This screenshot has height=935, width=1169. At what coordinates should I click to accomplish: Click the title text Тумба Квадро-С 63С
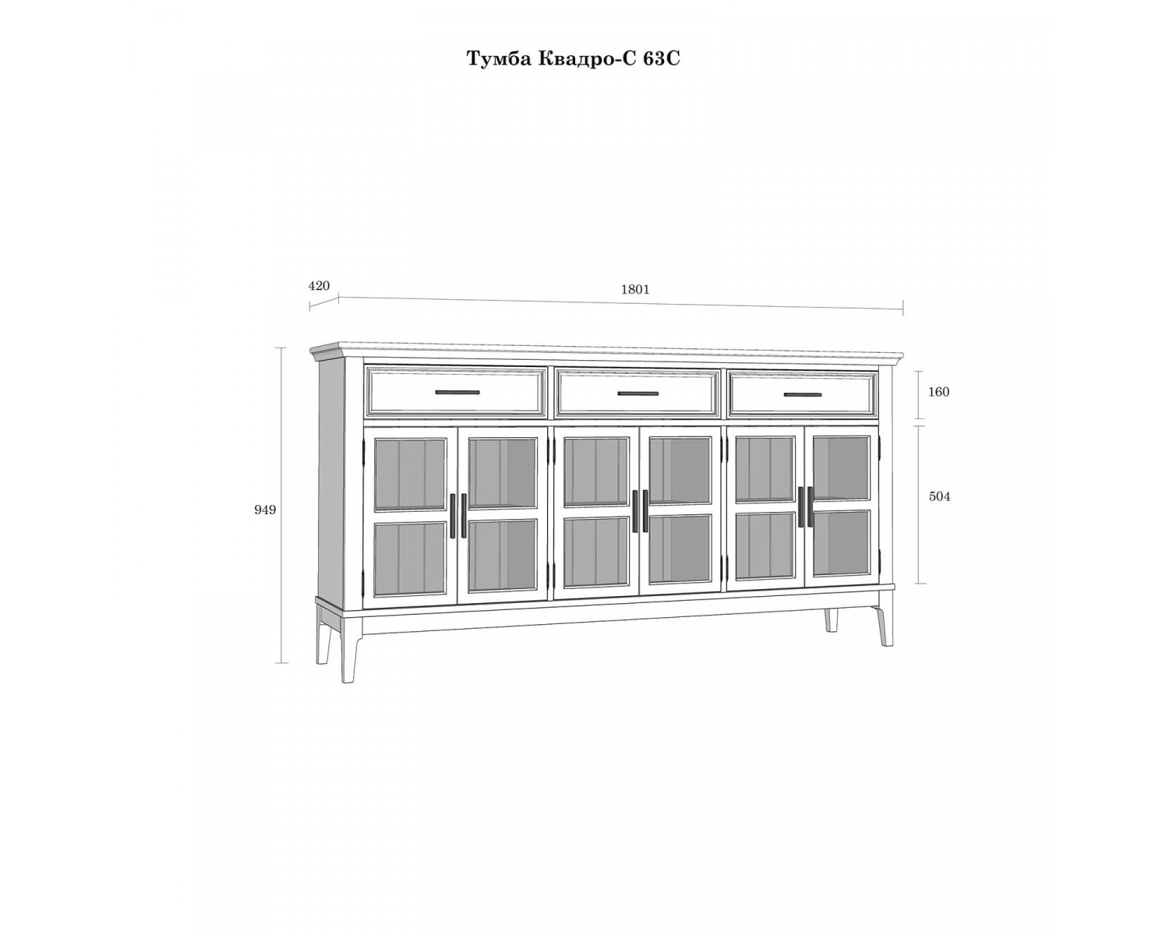(573, 58)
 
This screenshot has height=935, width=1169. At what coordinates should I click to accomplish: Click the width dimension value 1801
(635, 290)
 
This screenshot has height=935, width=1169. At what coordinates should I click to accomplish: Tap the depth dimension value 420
(319, 286)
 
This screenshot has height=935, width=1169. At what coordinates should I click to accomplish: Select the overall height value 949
(265, 510)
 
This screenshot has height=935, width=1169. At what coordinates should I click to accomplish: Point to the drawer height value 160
(938, 392)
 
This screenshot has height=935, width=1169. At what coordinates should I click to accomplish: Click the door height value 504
(939, 496)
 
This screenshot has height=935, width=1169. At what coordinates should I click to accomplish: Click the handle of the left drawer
(457, 392)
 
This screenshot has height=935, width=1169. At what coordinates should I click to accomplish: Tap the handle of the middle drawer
(637, 394)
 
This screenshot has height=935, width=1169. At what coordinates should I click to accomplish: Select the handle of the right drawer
(803, 395)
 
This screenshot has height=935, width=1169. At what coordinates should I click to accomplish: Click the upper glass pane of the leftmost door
(410, 473)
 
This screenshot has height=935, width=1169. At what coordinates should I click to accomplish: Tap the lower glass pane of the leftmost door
(410, 559)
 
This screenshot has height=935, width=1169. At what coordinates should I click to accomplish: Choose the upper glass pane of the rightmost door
(841, 467)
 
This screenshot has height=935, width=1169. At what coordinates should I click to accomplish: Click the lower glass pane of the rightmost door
(841, 543)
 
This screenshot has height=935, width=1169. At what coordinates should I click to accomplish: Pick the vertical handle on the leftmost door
(453, 516)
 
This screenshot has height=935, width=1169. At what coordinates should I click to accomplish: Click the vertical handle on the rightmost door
(810, 506)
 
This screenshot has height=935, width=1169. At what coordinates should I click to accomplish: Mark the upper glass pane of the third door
(596, 471)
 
